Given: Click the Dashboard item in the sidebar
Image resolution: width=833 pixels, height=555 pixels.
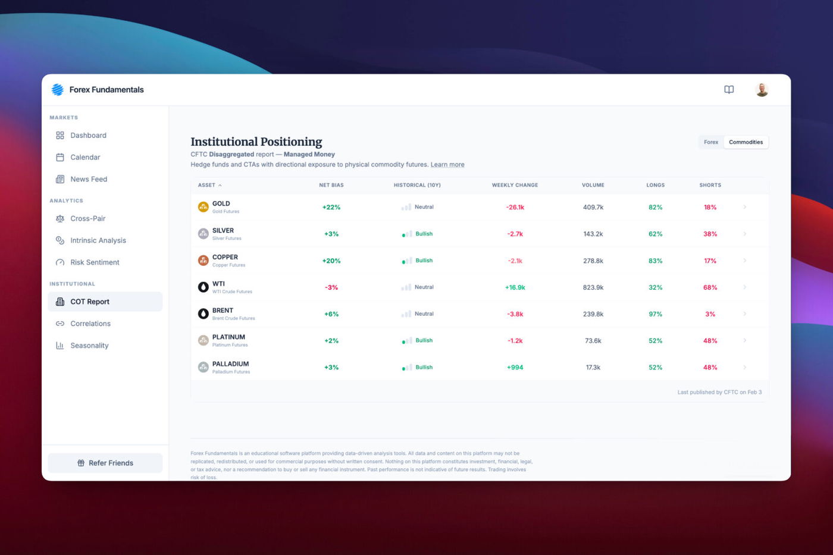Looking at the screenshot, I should click(88, 136).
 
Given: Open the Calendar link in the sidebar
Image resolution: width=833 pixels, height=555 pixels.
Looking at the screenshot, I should click(85, 158).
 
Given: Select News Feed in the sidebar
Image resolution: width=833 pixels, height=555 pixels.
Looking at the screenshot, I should click(89, 179).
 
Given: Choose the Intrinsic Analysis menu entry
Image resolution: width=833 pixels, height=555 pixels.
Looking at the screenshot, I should click(98, 240).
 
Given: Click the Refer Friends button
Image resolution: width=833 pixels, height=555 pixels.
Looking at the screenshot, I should click(105, 463).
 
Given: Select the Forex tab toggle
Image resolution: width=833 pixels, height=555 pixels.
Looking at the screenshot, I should click(711, 142).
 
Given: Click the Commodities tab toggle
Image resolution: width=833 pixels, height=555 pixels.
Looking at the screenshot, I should click(746, 142).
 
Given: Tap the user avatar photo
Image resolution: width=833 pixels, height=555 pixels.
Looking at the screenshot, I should click(762, 90).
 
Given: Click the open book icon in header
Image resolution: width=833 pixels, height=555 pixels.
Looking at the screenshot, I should click(729, 90).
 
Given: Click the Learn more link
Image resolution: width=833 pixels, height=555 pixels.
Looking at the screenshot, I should click(447, 165).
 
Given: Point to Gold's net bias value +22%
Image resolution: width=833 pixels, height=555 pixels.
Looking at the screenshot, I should click(331, 208).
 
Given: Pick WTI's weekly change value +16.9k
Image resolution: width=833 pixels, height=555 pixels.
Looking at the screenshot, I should click(515, 287).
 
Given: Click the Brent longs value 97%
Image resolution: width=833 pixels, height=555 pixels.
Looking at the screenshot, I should click(655, 314).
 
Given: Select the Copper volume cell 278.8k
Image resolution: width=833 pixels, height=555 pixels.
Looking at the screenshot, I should click(593, 261).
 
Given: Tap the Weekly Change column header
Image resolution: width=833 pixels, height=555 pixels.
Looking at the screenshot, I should click(515, 185).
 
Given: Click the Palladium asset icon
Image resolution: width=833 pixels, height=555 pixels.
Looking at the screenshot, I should click(203, 367).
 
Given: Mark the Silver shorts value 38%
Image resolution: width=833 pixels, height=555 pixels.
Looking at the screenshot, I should click(710, 234).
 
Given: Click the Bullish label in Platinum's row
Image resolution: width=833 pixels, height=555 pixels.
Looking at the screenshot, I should click(424, 341).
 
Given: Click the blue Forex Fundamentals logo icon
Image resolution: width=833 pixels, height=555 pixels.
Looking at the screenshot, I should click(58, 90).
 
